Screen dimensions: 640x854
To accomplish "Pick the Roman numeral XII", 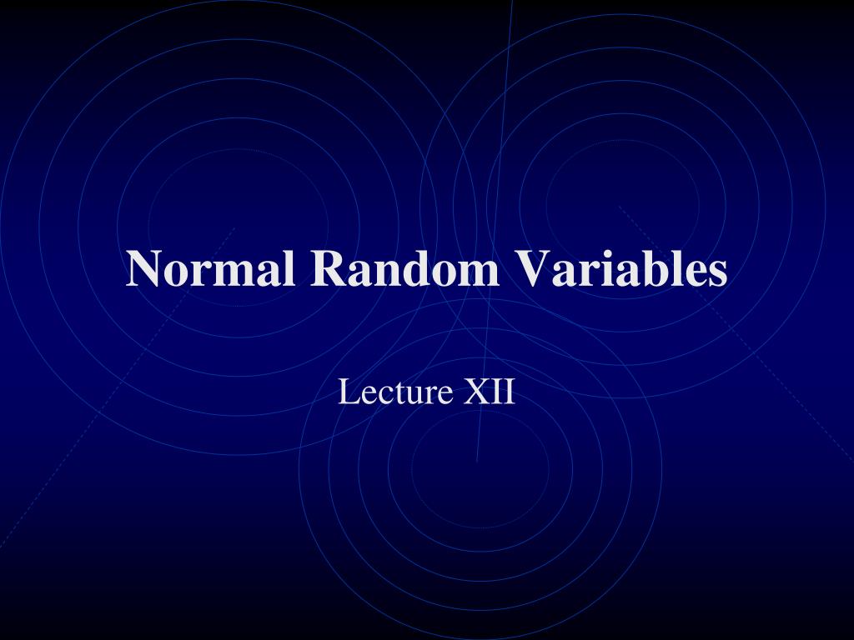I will tap(490, 392).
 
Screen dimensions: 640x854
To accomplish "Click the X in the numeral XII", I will tap(475, 392).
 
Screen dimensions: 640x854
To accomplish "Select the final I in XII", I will tap(510, 392).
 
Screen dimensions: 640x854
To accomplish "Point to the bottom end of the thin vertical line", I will tap(477, 460).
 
